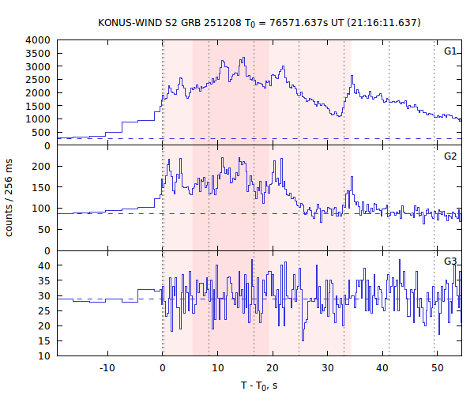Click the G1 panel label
click(x=450, y=51)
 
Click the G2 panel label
click(x=450, y=156)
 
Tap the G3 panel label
click(x=450, y=261)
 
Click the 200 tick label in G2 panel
click(x=43, y=166)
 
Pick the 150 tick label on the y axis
click(x=43, y=187)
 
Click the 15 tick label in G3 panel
click(x=46, y=340)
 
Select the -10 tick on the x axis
click(x=107, y=368)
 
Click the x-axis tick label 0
click(x=162, y=368)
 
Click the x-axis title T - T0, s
click(x=259, y=385)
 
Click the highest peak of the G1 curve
click(x=243, y=58)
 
